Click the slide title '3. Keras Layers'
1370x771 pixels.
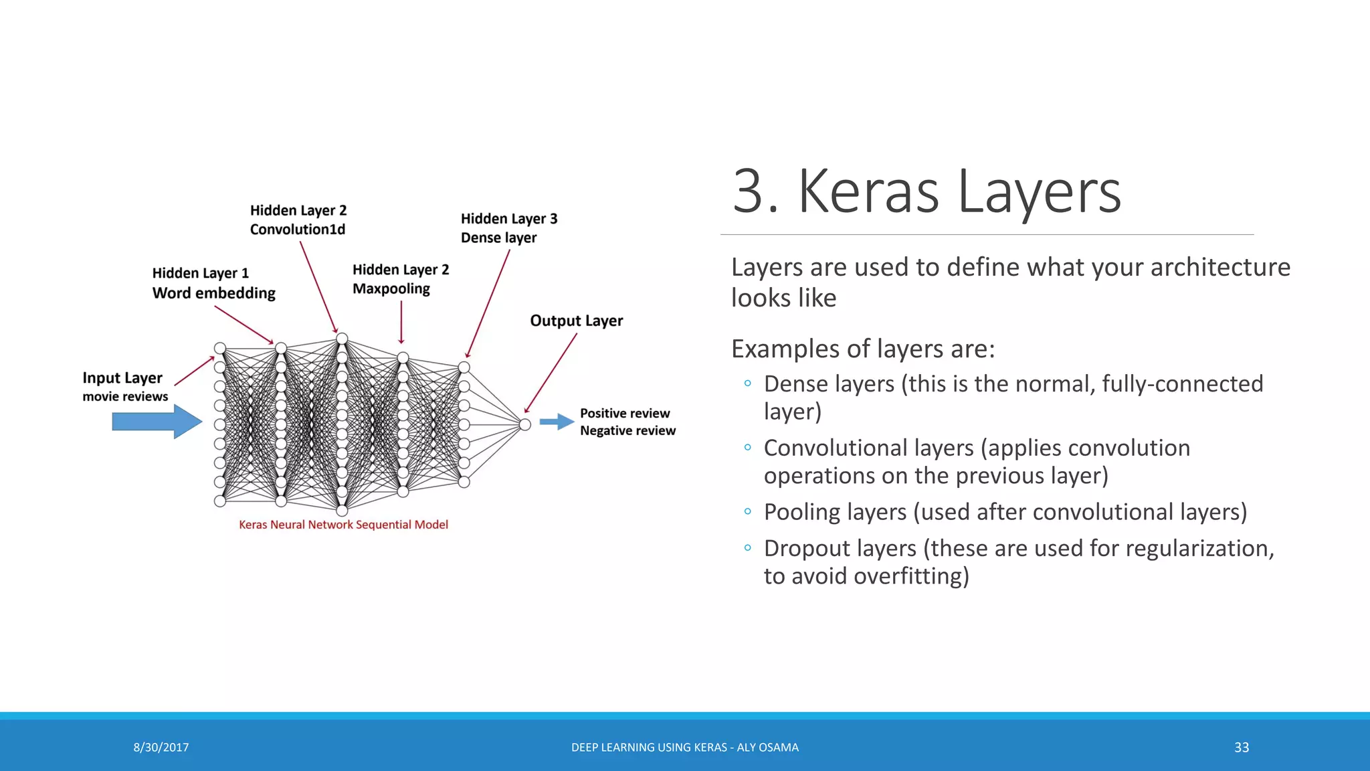[x=926, y=192]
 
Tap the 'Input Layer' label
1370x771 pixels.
[x=122, y=378]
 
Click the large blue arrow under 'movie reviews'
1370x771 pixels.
[x=157, y=422]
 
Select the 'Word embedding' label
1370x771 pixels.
[x=213, y=293]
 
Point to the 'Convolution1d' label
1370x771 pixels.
[x=298, y=230]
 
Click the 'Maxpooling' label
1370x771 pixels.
[x=391, y=289]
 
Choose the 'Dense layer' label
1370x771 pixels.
[x=498, y=238]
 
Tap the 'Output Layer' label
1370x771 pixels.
[x=576, y=321]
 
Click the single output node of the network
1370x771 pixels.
[x=525, y=424]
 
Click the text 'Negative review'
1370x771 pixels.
[x=627, y=431]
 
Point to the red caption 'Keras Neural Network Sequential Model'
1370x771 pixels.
[x=343, y=525]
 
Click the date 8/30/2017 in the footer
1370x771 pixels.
[x=161, y=748]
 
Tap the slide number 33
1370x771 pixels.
[x=1242, y=748]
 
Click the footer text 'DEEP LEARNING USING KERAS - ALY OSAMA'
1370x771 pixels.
[x=684, y=748]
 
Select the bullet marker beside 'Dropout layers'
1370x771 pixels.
[x=747, y=548]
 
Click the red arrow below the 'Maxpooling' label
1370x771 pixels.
[x=401, y=323]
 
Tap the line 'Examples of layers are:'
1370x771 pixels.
[x=863, y=349]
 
